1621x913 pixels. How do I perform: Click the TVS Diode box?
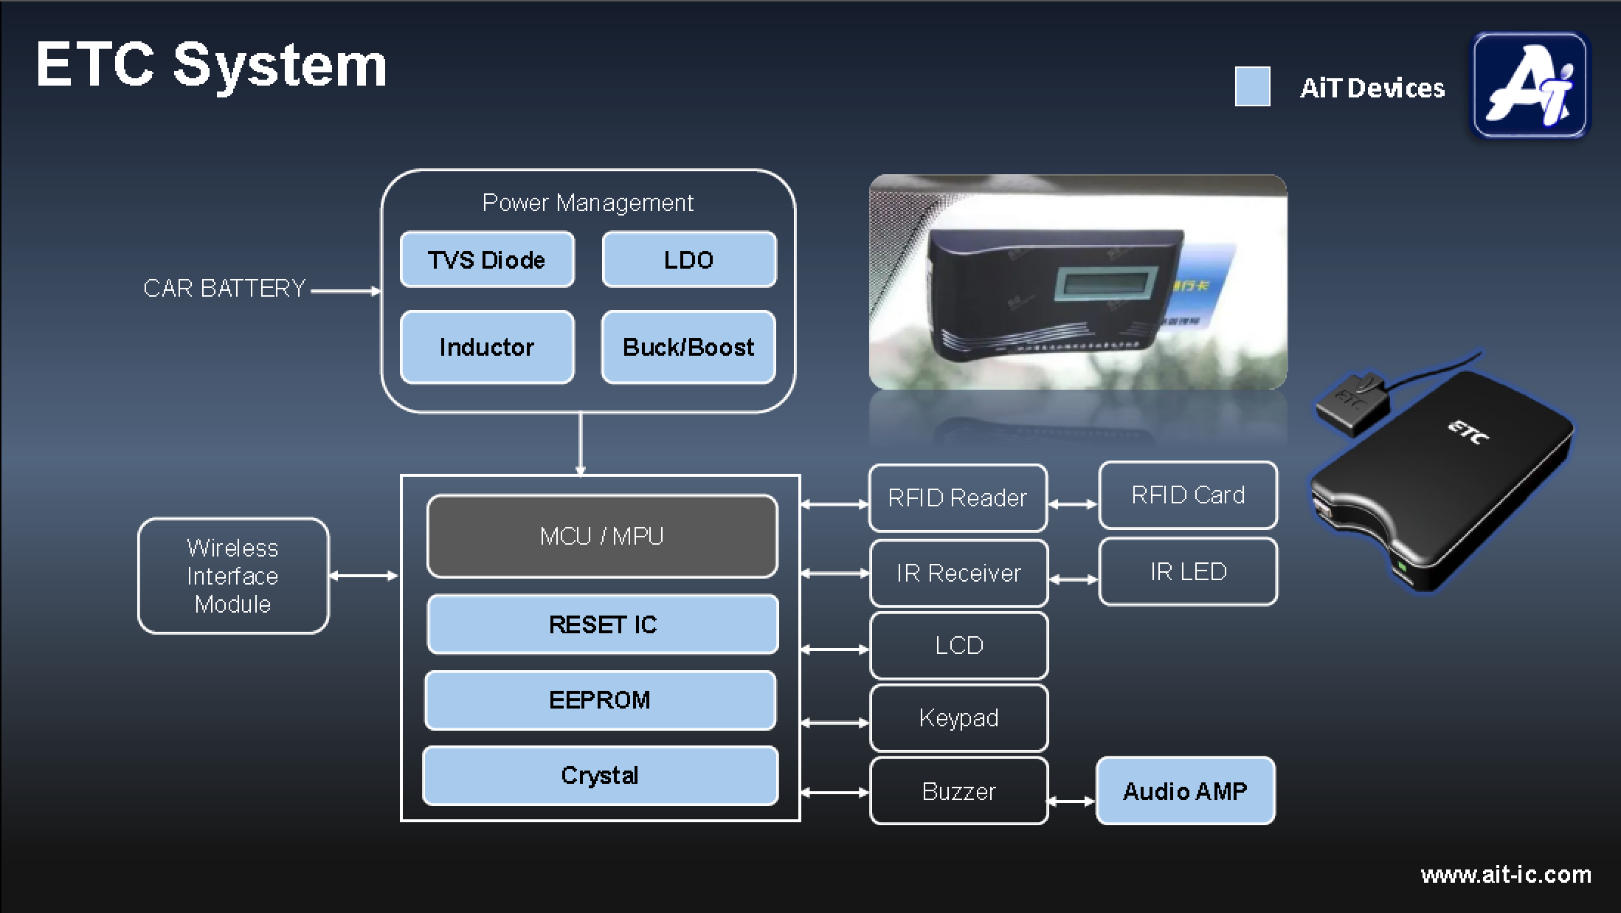[487, 260]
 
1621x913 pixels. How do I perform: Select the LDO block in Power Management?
[689, 260]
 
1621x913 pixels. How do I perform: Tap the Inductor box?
[487, 347]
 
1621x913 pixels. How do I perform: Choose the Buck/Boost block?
[688, 347]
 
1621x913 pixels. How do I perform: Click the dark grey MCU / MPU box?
[602, 536]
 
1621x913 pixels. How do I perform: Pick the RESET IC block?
[602, 624]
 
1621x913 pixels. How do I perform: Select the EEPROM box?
[600, 700]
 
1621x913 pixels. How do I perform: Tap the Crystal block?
[600, 775]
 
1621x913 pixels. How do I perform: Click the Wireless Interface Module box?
[233, 576]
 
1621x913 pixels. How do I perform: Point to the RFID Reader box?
[958, 498]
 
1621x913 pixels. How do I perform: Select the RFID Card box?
[1188, 495]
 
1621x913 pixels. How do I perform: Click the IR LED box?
[1188, 572]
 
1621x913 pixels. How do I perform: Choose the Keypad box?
[958, 717]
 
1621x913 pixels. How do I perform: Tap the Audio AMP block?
[1185, 790]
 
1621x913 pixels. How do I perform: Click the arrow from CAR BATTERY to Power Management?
[345, 291]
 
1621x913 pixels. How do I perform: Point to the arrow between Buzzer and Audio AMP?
[1071, 801]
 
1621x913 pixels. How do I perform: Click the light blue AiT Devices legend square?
[1252, 87]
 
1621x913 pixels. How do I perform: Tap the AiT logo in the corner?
[1530, 86]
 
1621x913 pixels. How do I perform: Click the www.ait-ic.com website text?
[1506, 875]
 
